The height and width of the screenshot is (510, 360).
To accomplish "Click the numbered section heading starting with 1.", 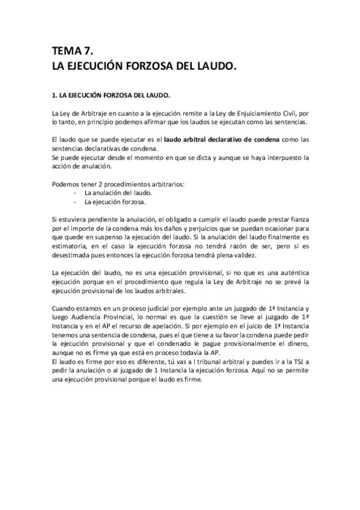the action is (x=111, y=95).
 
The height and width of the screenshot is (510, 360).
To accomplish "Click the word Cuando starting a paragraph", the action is (x=65, y=309).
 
